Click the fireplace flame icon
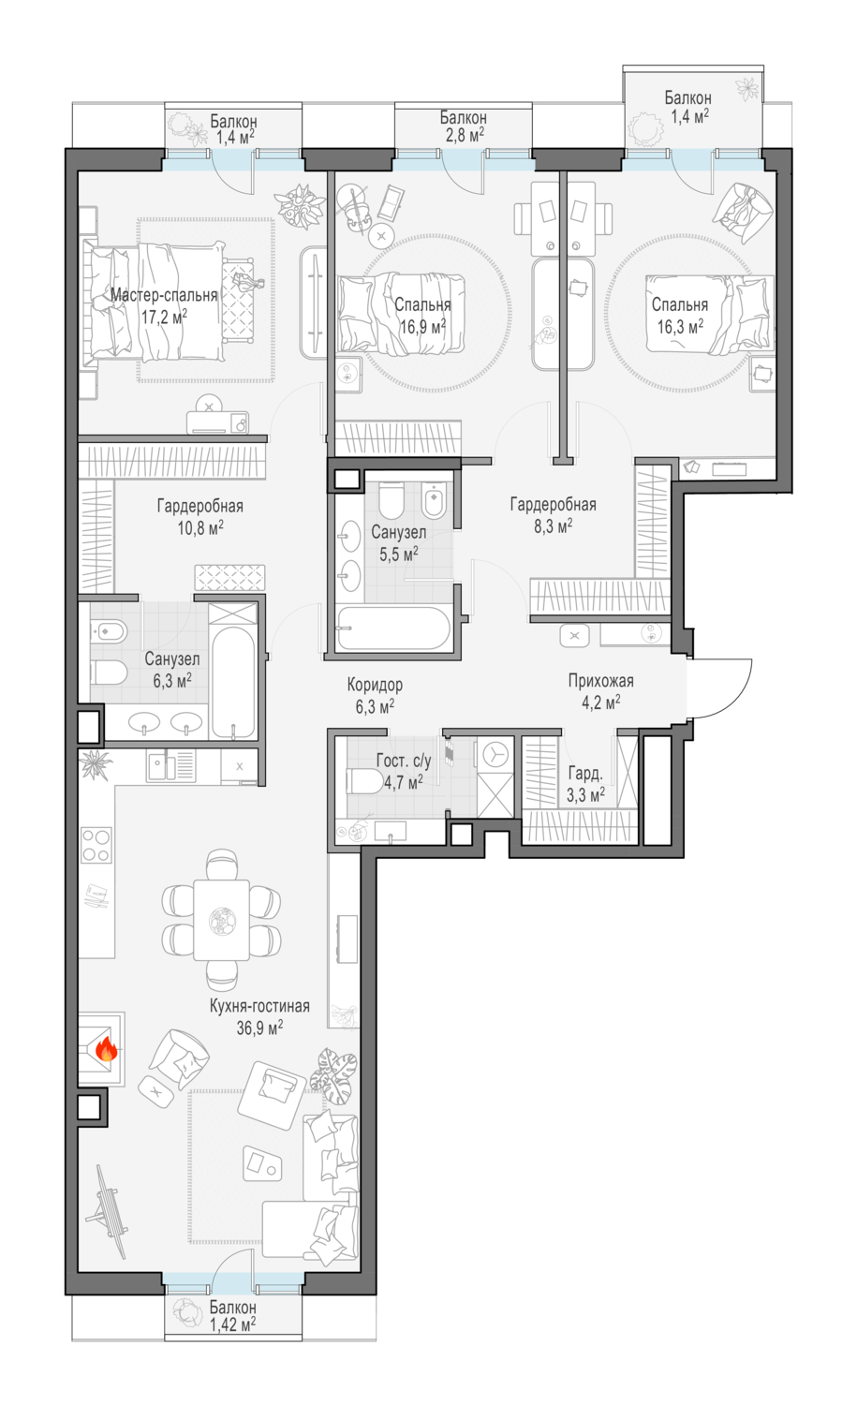[x=106, y=1047]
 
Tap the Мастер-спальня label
[x=164, y=295]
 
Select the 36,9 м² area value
[x=259, y=1028]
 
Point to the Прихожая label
[x=601, y=681]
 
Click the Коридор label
[x=376, y=685]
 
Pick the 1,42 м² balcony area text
[x=232, y=1324]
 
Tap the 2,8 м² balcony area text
[x=464, y=135]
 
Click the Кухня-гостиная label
[x=259, y=1006]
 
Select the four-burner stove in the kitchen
[x=96, y=845]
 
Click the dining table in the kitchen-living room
[x=221, y=920]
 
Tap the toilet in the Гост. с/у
[x=364, y=781]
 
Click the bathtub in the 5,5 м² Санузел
[x=392, y=628]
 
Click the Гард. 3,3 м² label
[x=585, y=784]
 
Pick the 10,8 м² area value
[x=200, y=526]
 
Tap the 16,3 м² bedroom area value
[x=680, y=326]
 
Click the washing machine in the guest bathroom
[x=495, y=756]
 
